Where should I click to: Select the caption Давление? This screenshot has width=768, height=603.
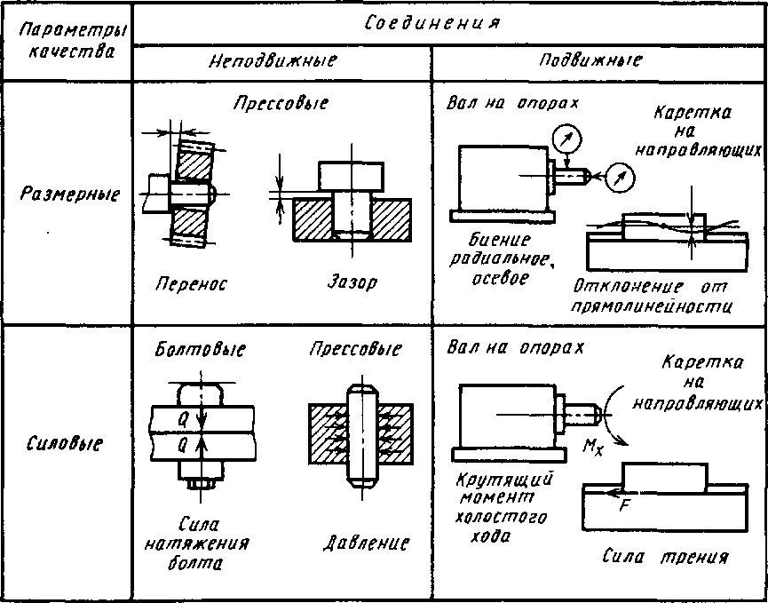(365, 544)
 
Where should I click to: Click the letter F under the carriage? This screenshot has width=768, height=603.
(623, 506)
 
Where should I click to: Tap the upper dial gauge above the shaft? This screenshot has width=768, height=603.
(566, 140)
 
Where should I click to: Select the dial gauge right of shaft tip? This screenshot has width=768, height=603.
(620, 179)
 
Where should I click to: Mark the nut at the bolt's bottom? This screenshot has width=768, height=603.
(201, 482)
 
